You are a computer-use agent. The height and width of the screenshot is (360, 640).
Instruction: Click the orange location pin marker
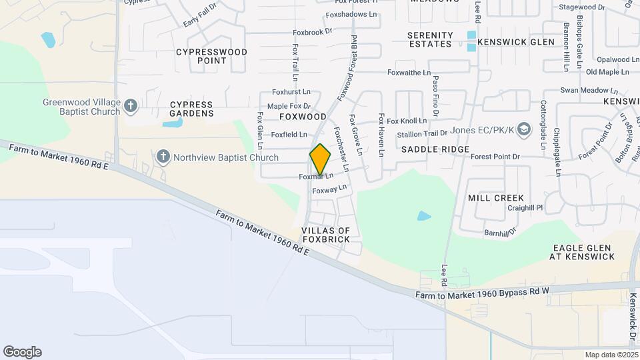320,160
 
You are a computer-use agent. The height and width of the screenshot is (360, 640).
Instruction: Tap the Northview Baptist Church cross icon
163,157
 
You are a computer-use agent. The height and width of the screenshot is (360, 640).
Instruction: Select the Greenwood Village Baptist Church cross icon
131,105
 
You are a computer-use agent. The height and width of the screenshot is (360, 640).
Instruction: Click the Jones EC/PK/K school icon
524,128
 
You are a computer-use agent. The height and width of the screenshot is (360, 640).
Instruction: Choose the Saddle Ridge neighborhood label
435,149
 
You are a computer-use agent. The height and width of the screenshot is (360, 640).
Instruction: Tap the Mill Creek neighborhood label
496,198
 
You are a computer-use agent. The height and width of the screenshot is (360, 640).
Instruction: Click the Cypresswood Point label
211,56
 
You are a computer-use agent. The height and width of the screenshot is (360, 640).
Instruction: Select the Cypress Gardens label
191,109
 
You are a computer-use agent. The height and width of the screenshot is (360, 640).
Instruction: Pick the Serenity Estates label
430,39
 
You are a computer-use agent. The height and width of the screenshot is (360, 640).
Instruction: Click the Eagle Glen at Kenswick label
583,251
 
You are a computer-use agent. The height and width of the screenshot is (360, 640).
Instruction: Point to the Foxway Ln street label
330,190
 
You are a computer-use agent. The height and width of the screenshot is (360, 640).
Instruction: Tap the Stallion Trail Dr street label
422,134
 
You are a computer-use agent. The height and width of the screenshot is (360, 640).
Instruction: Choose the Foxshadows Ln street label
351,14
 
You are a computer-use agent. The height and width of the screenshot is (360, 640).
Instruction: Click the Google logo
22,352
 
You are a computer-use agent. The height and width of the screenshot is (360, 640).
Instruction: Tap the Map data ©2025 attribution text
611,355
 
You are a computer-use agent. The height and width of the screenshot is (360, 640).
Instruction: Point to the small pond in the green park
424,216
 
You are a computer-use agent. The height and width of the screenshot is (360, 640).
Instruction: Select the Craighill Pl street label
525,208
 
